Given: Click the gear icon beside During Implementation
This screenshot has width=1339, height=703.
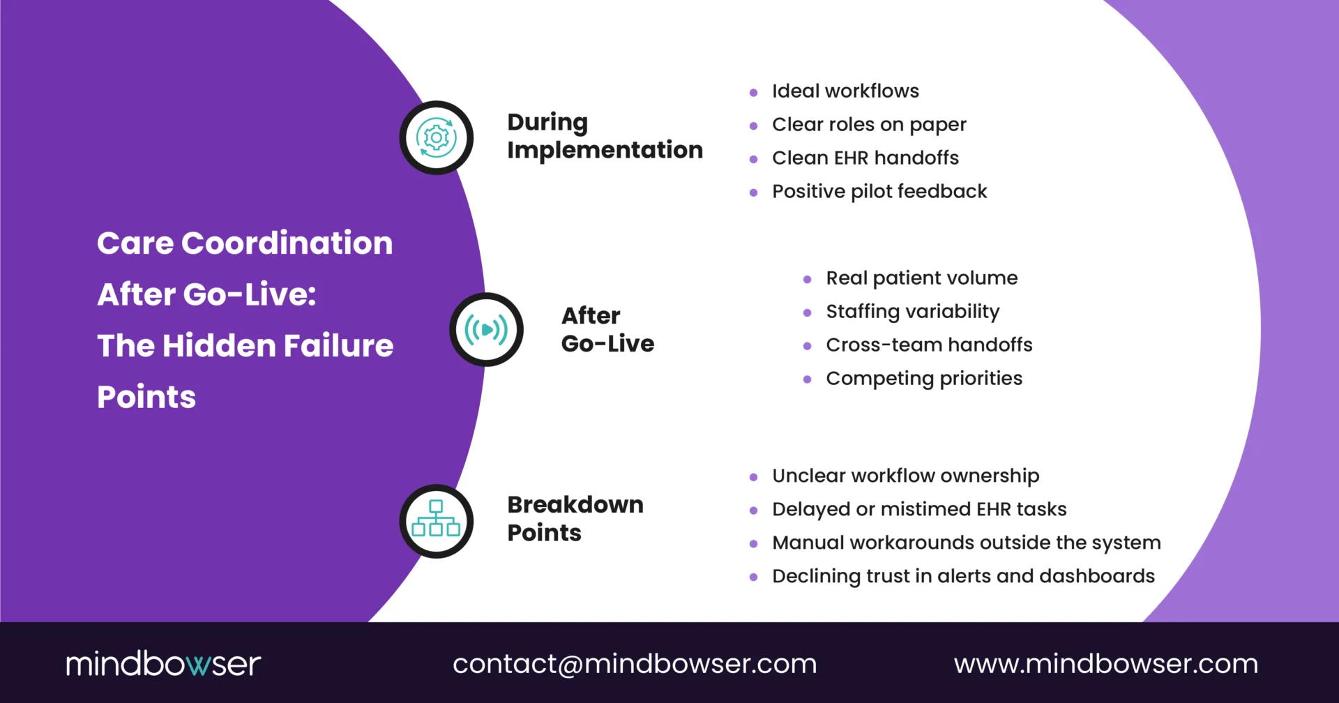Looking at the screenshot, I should [437, 137].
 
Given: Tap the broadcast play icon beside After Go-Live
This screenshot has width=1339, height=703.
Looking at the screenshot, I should [487, 329].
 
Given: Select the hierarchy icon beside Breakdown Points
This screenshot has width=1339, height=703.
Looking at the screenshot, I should [437, 520].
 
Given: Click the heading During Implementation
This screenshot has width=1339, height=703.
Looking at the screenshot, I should [604, 136].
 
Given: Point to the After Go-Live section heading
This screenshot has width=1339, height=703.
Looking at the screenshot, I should [607, 329].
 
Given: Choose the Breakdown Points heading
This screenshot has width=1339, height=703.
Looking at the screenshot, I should [575, 518].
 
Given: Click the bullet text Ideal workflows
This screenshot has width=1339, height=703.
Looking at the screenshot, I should [845, 91].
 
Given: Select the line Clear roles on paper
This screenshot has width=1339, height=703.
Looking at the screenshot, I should [868, 125].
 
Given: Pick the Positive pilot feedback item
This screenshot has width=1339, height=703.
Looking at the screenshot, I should [879, 192].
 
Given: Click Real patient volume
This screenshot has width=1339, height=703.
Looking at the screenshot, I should [921, 278].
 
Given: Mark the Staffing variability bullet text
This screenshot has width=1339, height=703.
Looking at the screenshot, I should [912, 312].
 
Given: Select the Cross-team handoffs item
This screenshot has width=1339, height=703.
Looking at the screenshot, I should [928, 345].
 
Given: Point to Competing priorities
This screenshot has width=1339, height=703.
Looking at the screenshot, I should [923, 379].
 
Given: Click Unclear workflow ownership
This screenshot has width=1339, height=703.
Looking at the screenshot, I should [905, 476].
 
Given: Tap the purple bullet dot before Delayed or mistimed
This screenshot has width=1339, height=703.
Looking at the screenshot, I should [753, 511].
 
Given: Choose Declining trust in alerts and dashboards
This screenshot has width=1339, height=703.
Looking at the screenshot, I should [962, 577].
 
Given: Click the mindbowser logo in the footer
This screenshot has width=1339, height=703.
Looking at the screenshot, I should [163, 663].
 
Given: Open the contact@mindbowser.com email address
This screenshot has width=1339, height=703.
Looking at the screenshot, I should [635, 663].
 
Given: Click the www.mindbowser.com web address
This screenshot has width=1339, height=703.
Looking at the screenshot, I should [1106, 663].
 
